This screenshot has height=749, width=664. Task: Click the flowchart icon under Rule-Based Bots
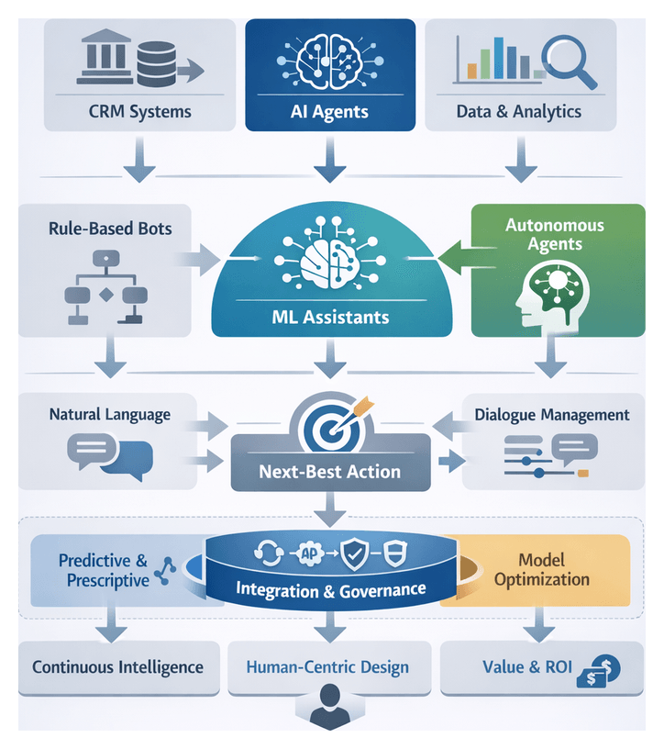tap(105, 286)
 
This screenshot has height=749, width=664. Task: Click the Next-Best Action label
tap(329, 472)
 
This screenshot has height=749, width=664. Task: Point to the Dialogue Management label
tap(552, 415)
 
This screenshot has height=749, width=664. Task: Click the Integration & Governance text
tap(331, 589)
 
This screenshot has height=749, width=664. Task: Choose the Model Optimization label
tap(541, 569)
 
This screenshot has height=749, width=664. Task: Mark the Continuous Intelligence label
tap(117, 666)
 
